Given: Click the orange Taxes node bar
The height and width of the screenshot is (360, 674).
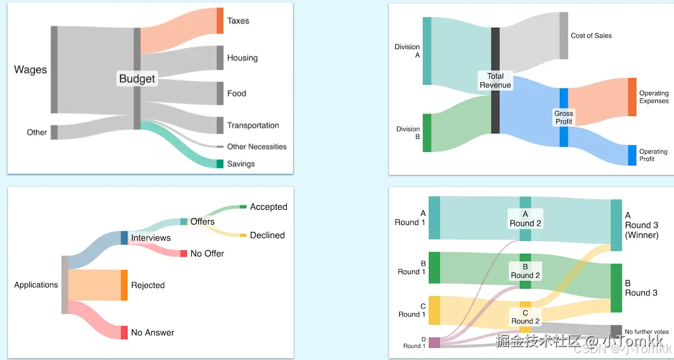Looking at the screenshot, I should (x=220, y=21).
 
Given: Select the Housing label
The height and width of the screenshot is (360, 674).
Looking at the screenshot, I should (x=242, y=58).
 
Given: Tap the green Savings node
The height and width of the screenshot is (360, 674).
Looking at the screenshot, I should (x=220, y=164).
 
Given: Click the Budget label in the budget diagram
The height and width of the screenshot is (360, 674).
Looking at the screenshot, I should (x=137, y=78).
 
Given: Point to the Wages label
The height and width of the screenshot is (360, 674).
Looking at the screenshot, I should (x=30, y=70).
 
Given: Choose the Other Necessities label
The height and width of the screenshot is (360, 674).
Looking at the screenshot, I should (x=256, y=147).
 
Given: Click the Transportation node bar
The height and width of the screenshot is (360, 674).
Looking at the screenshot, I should (x=220, y=125).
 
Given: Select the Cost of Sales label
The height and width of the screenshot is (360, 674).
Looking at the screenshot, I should (x=591, y=35).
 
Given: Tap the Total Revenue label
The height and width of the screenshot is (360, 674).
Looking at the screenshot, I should (x=495, y=81).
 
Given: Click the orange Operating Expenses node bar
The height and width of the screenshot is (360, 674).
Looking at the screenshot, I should (x=632, y=97).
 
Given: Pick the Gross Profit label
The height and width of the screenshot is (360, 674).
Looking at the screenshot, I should (x=564, y=117).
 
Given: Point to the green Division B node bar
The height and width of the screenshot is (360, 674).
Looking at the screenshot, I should (x=427, y=133).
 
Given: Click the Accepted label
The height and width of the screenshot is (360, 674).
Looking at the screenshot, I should (x=268, y=207).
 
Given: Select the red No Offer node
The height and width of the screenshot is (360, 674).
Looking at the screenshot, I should (x=183, y=253).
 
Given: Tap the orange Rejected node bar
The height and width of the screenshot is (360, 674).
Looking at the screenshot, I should (x=124, y=285).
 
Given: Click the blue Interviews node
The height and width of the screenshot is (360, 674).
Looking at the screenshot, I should (x=124, y=238).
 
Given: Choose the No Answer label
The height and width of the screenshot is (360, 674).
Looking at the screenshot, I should (x=153, y=333).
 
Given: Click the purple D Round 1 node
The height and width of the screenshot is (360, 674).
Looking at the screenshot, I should (x=434, y=342).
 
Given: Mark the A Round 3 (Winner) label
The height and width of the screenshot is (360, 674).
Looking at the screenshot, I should (x=641, y=225).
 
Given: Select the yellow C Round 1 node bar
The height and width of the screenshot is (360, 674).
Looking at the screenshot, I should (x=434, y=310).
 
